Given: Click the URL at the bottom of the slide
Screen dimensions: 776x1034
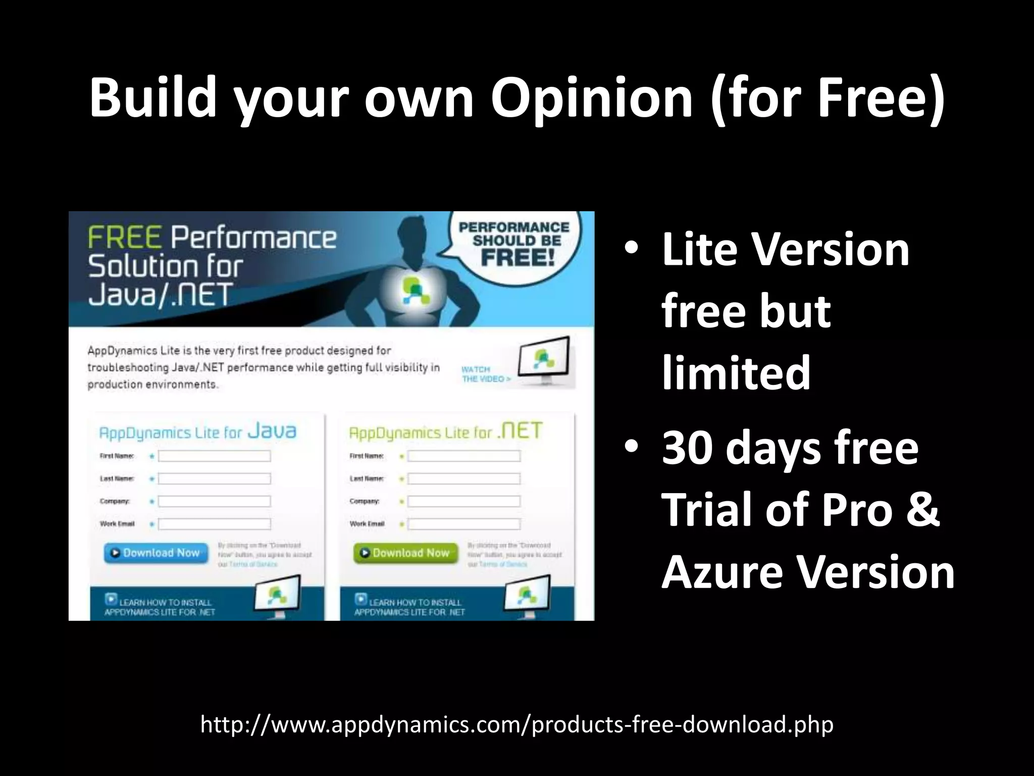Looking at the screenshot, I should coord(516,724).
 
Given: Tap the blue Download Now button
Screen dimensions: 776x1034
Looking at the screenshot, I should coord(156,553).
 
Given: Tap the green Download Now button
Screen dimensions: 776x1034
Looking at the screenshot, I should coord(405,553).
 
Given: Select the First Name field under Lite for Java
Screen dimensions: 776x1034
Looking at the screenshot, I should coord(214,456).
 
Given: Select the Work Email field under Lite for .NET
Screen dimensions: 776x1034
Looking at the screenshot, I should coord(463,524).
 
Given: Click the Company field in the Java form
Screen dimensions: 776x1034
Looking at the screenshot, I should coord(214,501).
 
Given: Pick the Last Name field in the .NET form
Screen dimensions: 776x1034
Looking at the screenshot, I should coord(463,478).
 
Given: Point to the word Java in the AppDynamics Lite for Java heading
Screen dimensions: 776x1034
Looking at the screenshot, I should coord(273,431).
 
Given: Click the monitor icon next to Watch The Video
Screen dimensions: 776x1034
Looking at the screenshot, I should coord(544,360).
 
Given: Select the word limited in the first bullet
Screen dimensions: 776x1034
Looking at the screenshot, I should coord(736,372).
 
